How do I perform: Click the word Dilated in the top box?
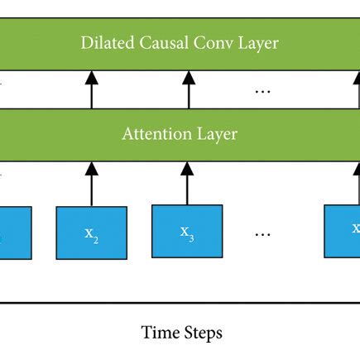click(x=106, y=42)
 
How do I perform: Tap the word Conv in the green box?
click(x=209, y=42)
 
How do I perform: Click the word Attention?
click(x=156, y=135)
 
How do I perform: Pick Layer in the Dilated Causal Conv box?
click(x=254, y=42)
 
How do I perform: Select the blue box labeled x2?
click(x=91, y=233)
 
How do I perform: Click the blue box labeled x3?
click(x=187, y=232)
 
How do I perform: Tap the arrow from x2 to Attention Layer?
click(x=92, y=183)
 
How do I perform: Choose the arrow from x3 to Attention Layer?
click(x=187, y=183)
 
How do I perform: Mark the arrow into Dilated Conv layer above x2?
click(x=92, y=90)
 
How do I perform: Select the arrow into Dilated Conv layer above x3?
click(x=187, y=90)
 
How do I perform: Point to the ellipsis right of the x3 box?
click(x=263, y=234)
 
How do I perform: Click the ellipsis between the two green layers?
click(x=263, y=90)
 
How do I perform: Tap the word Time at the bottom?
click(x=159, y=334)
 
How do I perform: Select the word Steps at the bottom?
click(x=203, y=334)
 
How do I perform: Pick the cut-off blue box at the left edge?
click(x=15, y=233)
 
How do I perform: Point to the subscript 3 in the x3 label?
click(x=191, y=238)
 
